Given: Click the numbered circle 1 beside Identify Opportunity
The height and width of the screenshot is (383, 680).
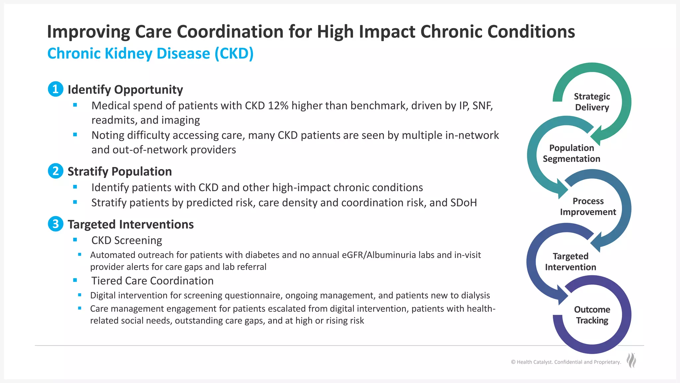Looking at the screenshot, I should (55, 89).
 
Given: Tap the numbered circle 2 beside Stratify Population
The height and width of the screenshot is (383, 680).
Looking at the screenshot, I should (55, 171).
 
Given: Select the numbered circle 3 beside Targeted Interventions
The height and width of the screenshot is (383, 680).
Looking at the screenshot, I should (55, 224).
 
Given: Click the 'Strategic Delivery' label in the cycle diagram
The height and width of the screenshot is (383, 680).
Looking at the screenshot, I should (592, 102).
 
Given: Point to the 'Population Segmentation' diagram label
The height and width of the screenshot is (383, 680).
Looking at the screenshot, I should (571, 153).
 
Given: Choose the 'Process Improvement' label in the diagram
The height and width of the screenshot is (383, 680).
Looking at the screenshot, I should (588, 206).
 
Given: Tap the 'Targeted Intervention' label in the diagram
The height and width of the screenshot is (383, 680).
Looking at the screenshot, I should (570, 262).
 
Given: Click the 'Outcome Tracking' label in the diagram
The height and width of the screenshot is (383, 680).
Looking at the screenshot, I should (592, 315).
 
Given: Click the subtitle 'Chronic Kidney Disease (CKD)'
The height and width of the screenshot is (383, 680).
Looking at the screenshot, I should (150, 54).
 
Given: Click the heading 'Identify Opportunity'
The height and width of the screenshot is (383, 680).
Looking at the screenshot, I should (125, 89).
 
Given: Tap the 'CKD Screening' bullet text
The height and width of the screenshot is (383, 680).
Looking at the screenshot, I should (127, 240).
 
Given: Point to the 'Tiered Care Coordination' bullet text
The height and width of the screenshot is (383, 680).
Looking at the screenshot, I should (152, 281).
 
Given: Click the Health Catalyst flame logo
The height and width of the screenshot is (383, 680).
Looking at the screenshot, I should (631, 360).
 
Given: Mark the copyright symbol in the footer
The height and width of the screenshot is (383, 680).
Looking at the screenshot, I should (513, 362).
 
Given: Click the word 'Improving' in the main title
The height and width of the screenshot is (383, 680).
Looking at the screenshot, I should (88, 32).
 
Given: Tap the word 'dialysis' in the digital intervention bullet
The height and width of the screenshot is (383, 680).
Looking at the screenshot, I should (475, 295).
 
